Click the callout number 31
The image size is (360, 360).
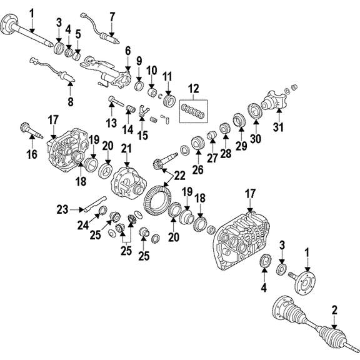click(278, 127)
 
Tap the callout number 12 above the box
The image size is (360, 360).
click(193, 89)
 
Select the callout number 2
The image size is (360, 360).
click(334, 311)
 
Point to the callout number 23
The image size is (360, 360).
click(62, 209)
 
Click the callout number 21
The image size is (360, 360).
click(127, 149)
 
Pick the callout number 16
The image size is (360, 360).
click(32, 154)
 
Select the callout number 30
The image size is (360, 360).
click(255, 139)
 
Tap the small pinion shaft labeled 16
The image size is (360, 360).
click(31, 130)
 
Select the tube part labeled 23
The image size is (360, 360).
click(94, 204)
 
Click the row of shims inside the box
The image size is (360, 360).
click(193, 111)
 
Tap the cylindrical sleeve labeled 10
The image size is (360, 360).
click(152, 92)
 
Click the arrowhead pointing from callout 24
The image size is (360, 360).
click(98, 216)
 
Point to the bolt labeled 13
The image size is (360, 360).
click(116, 101)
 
